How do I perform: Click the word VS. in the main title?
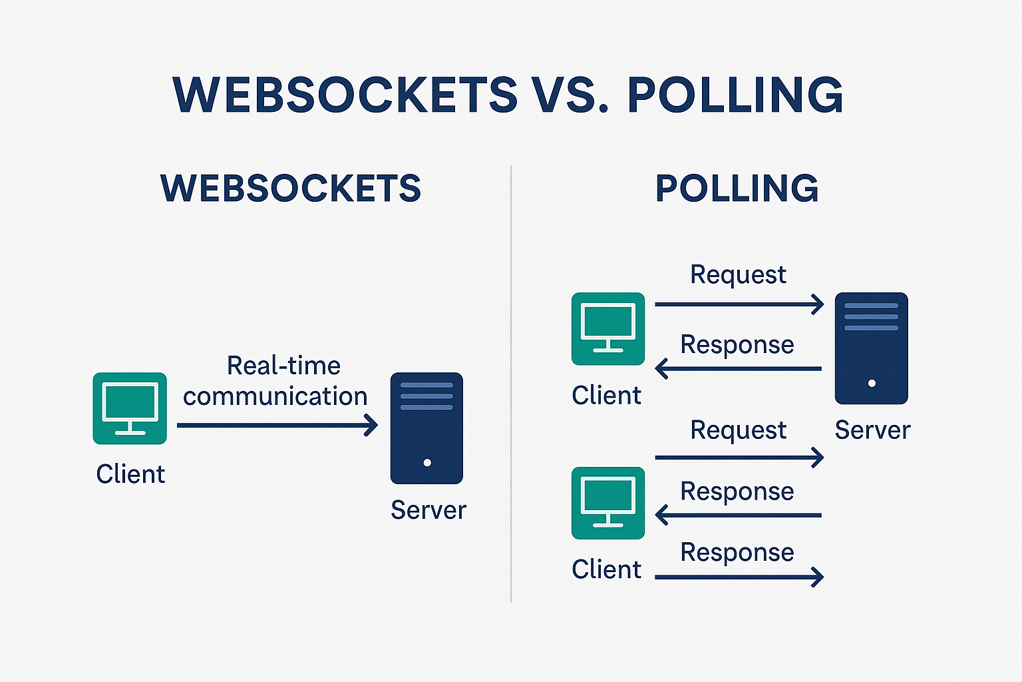pos(571,95)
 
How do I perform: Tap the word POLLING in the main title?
pos(735,95)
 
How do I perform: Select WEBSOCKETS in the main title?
pos(345,95)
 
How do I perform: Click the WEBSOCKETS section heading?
pos(291,188)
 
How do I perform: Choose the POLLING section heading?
pos(737,188)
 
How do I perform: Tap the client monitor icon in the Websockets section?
pos(130,408)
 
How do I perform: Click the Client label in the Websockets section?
pos(130,474)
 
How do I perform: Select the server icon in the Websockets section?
pos(426,428)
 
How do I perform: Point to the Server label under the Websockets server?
pos(428,510)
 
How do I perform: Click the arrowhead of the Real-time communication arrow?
pos(372,426)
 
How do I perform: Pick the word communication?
pos(275,396)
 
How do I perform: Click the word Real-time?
pos(284,366)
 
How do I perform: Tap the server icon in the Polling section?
pos(872,348)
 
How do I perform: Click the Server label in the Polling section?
pos(872,430)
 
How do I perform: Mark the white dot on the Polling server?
pos(872,383)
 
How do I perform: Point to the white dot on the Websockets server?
pos(428,463)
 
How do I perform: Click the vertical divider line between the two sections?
pos(511,384)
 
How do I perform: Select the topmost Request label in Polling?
pos(738,274)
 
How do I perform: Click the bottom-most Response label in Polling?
pos(737,552)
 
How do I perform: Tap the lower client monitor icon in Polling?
pos(608,503)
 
